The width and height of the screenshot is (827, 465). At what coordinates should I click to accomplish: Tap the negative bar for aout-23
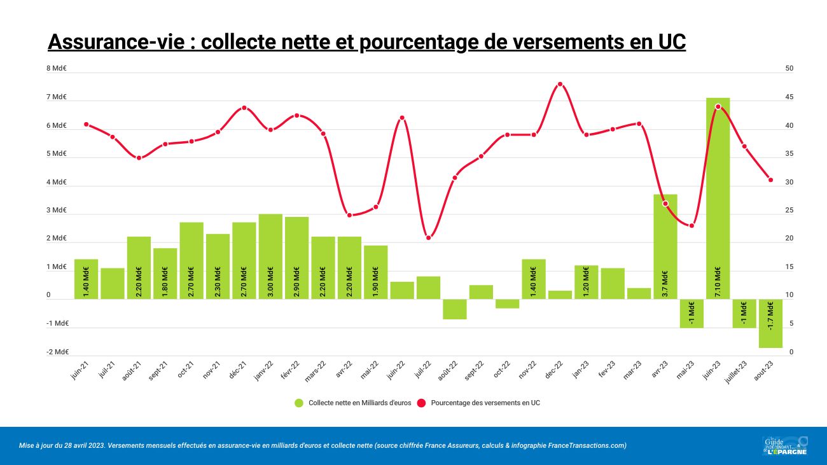(x=770, y=323)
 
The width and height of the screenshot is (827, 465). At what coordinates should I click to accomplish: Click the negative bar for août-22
(x=455, y=309)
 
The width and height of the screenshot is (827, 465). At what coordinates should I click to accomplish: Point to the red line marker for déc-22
(x=560, y=84)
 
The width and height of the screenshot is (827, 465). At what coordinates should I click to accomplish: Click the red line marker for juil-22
(x=428, y=238)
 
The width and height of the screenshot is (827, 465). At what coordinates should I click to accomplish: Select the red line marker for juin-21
(x=86, y=124)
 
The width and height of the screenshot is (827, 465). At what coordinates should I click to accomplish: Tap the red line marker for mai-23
(x=691, y=226)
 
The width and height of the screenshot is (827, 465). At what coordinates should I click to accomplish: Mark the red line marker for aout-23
(x=770, y=180)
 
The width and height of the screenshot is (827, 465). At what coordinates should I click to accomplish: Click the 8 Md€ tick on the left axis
(x=57, y=69)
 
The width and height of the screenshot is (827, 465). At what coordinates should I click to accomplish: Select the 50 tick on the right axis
(x=789, y=69)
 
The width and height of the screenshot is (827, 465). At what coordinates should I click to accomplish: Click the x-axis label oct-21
(x=185, y=370)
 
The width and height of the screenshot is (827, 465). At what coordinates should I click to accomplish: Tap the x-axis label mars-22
(x=316, y=371)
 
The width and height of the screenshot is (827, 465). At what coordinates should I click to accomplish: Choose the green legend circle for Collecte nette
(x=298, y=403)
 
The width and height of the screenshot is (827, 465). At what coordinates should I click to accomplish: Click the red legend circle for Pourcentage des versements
(x=420, y=403)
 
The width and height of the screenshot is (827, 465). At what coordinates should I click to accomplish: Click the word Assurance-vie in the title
(x=116, y=42)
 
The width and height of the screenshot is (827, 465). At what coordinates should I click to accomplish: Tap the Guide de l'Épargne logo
(x=784, y=445)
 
